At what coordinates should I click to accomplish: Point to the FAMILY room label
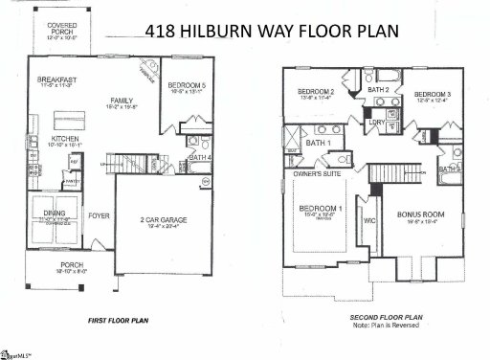(x=122, y=100)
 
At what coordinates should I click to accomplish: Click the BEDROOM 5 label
(x=181, y=86)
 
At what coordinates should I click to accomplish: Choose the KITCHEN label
(x=51, y=140)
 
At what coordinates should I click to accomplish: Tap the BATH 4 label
(x=200, y=156)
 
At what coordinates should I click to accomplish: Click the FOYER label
(x=100, y=215)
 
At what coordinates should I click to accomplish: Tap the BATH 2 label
(x=379, y=89)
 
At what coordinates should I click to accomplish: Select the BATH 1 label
(x=318, y=144)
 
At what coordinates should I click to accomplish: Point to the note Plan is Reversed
(x=387, y=324)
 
